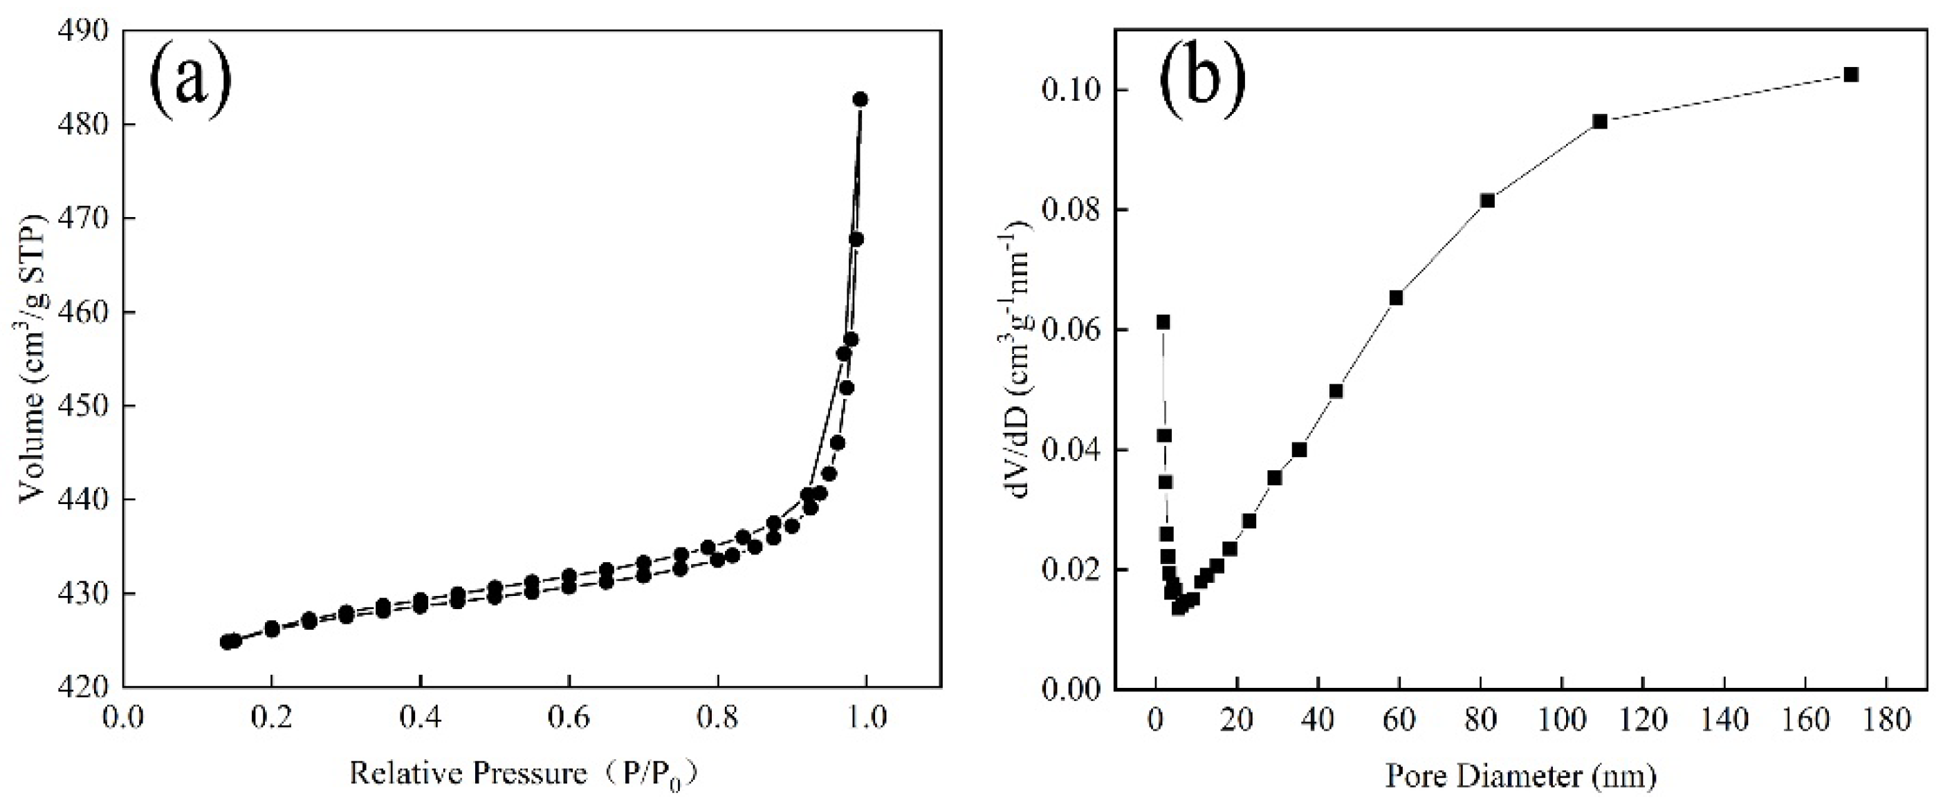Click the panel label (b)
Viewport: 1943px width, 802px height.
[1201, 77]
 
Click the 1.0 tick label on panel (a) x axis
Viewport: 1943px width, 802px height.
[866, 717]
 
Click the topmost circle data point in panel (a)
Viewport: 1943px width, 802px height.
[860, 100]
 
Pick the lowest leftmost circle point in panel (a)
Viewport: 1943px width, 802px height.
[226, 642]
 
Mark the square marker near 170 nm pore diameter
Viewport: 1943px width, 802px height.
[1850, 75]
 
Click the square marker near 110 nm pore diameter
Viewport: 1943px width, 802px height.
[1600, 122]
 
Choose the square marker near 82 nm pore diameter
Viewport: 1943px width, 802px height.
[1487, 200]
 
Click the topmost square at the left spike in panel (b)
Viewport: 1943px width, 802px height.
[1163, 323]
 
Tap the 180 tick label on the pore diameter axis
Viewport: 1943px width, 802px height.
[1885, 719]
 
